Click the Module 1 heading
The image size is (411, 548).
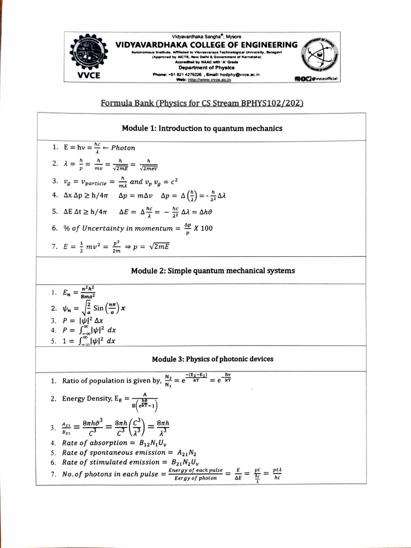click(x=202, y=128)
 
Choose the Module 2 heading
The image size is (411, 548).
click(x=212, y=271)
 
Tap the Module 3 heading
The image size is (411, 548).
click(x=212, y=359)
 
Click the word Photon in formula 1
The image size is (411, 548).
click(x=123, y=148)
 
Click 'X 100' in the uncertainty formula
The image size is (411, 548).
click(x=203, y=229)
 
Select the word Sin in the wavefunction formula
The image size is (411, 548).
click(x=100, y=308)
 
